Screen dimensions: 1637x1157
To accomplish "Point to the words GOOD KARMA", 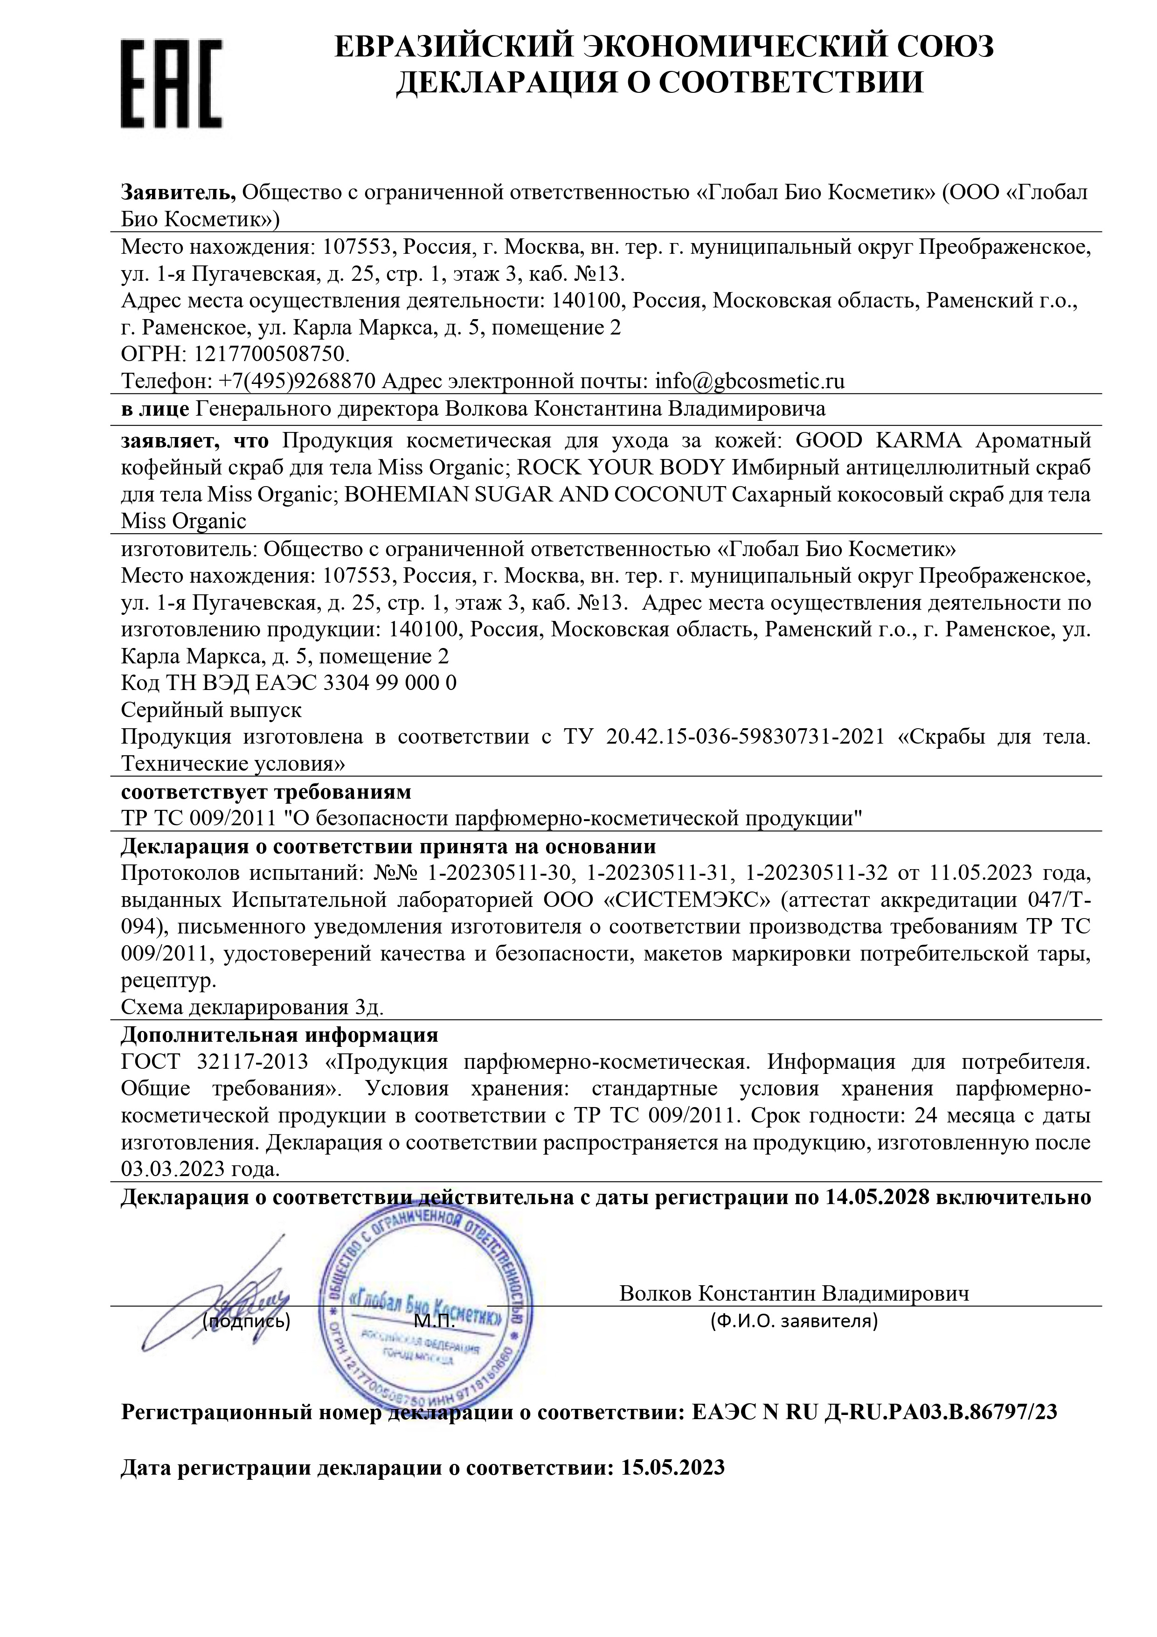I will coord(878,440).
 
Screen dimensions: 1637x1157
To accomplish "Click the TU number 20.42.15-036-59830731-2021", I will coord(744,737).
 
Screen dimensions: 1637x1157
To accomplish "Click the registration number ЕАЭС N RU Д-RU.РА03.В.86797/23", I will coord(875,1412).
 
